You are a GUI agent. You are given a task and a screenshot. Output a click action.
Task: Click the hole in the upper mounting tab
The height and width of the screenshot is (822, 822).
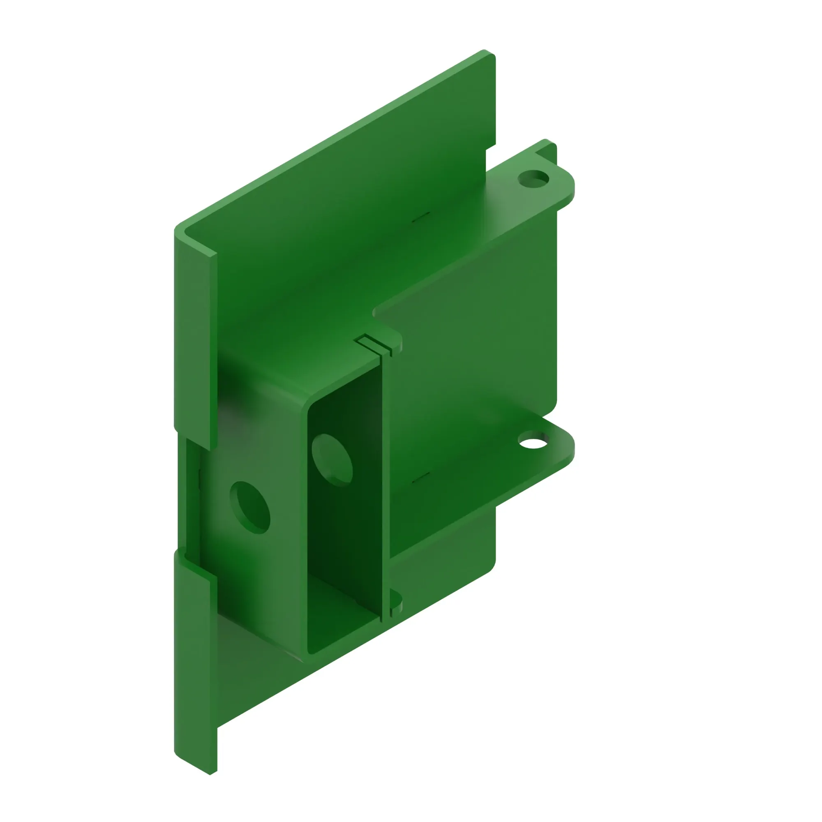[533, 179]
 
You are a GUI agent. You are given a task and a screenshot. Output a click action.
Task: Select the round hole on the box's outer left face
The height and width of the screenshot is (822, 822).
[250, 508]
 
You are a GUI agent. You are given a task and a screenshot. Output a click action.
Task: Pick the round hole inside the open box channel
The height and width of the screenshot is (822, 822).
[332, 460]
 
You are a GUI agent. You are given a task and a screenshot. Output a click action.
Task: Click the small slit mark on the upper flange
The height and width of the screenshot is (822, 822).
[421, 217]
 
